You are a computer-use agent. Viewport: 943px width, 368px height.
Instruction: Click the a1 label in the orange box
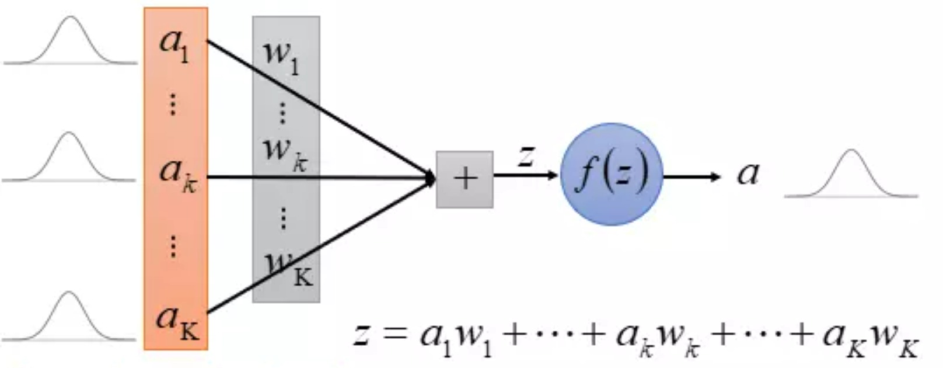174,46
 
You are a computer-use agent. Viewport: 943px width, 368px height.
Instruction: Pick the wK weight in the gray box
289,269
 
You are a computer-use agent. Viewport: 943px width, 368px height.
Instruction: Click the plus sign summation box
464,179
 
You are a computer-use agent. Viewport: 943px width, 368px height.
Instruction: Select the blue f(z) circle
612,174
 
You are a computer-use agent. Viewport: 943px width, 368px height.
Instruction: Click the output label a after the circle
748,174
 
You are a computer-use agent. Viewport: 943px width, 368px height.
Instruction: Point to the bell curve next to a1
70,40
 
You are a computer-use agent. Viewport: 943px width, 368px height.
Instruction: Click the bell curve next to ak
69,157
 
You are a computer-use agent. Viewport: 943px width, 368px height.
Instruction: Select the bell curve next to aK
69,316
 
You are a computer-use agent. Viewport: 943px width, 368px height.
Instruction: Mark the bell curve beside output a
851,173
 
